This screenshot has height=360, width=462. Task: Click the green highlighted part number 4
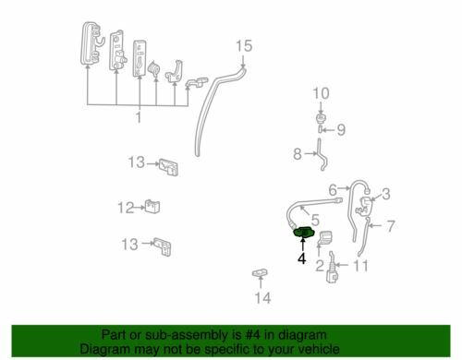(x=304, y=233)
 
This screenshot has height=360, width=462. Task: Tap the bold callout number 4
(x=302, y=258)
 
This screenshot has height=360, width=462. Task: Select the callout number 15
(x=244, y=46)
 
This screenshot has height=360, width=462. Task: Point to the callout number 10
(x=321, y=93)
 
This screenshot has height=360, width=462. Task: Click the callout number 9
(x=341, y=130)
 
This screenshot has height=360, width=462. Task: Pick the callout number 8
(x=298, y=153)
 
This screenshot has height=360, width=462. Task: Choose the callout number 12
(x=126, y=208)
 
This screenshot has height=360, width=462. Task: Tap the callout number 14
(x=262, y=298)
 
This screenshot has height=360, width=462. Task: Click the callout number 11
(x=360, y=266)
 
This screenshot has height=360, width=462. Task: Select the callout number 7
(x=390, y=226)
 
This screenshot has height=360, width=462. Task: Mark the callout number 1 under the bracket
(x=139, y=117)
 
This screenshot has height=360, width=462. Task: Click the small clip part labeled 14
(x=260, y=272)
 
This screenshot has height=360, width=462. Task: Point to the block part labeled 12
(x=152, y=207)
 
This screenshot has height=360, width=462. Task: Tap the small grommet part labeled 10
(x=321, y=118)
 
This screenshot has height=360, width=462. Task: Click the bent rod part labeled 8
(x=322, y=154)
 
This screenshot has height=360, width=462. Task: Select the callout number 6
(x=333, y=190)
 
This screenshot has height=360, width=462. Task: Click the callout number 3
(x=386, y=194)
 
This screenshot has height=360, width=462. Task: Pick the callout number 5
(x=315, y=220)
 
